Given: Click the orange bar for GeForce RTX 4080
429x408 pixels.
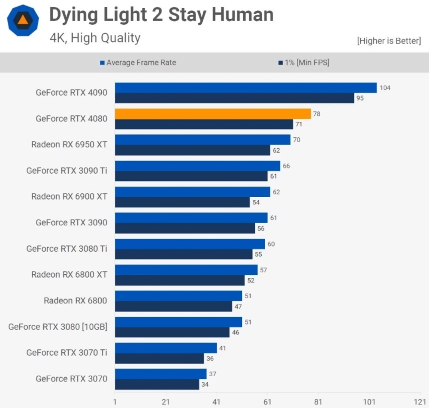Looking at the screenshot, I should [x=213, y=114].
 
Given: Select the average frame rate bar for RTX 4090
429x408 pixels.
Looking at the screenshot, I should [x=245, y=88].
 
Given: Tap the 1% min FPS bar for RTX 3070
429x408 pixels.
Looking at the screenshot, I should [x=157, y=384].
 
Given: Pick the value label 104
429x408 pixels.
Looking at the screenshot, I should [x=385, y=88].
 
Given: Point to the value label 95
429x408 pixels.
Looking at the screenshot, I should [x=360, y=98].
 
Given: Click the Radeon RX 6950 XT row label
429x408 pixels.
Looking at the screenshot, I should [x=69, y=144].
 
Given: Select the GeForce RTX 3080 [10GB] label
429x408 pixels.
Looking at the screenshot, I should [x=57, y=327].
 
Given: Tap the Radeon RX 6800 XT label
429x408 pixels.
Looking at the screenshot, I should [x=69, y=274].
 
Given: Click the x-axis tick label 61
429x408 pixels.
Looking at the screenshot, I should [x=268, y=402].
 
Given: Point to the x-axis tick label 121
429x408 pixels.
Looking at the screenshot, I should [x=420, y=402].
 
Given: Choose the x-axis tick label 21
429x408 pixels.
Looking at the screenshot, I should [x=166, y=402].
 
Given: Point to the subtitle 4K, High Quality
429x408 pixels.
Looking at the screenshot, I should [x=95, y=38].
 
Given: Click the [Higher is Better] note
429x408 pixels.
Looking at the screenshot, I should [x=389, y=41].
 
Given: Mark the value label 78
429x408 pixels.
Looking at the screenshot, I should [x=317, y=114].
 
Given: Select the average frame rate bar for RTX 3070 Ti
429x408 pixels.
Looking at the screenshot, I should [x=166, y=348].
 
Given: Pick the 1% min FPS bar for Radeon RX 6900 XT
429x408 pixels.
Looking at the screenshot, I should [x=182, y=202].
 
